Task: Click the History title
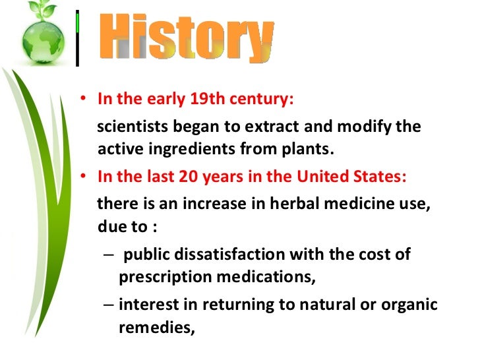coord(188,39)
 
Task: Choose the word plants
coord(306,149)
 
